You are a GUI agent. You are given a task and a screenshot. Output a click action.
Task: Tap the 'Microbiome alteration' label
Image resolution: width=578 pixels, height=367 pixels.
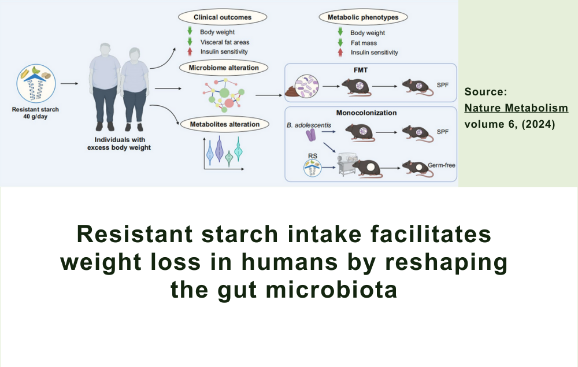(223, 68)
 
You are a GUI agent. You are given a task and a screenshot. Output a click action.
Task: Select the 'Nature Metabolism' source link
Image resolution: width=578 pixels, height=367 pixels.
(516, 108)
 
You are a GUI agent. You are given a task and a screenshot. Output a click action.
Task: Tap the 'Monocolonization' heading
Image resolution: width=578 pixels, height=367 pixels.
(366, 113)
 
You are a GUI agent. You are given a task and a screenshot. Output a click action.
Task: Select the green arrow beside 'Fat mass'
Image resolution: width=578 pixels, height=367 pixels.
(339, 43)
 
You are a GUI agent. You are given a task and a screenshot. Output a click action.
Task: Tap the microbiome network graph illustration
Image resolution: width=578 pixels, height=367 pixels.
(222, 93)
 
